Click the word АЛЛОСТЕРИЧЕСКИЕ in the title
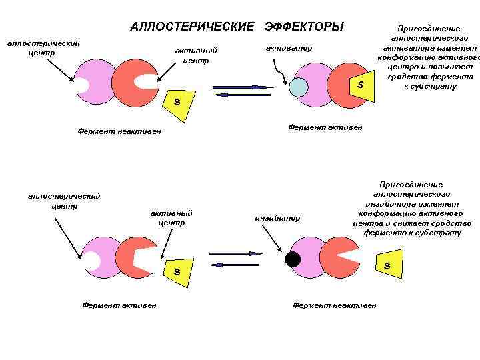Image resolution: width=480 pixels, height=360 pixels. coord(193,27)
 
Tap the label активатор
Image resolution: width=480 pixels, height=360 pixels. coord(288,49)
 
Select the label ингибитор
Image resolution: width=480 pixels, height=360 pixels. coord(279,218)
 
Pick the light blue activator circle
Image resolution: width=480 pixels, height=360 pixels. coord(298,87)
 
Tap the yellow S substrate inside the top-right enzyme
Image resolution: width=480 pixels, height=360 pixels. coord(360,85)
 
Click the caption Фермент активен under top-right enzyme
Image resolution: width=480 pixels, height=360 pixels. coord(325,127)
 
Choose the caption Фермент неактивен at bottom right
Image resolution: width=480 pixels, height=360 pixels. coord(335,305)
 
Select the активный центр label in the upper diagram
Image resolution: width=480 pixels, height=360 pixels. coord(195,55)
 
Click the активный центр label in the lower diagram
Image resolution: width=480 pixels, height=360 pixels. coord(171,217)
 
